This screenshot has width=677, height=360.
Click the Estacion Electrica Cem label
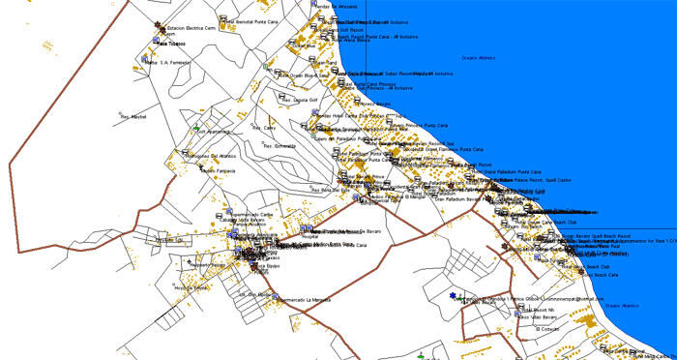point(191,30)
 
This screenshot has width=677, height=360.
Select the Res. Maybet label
point(132,117)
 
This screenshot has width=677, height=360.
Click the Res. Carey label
point(264,127)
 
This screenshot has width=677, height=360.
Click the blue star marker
point(452,295)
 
